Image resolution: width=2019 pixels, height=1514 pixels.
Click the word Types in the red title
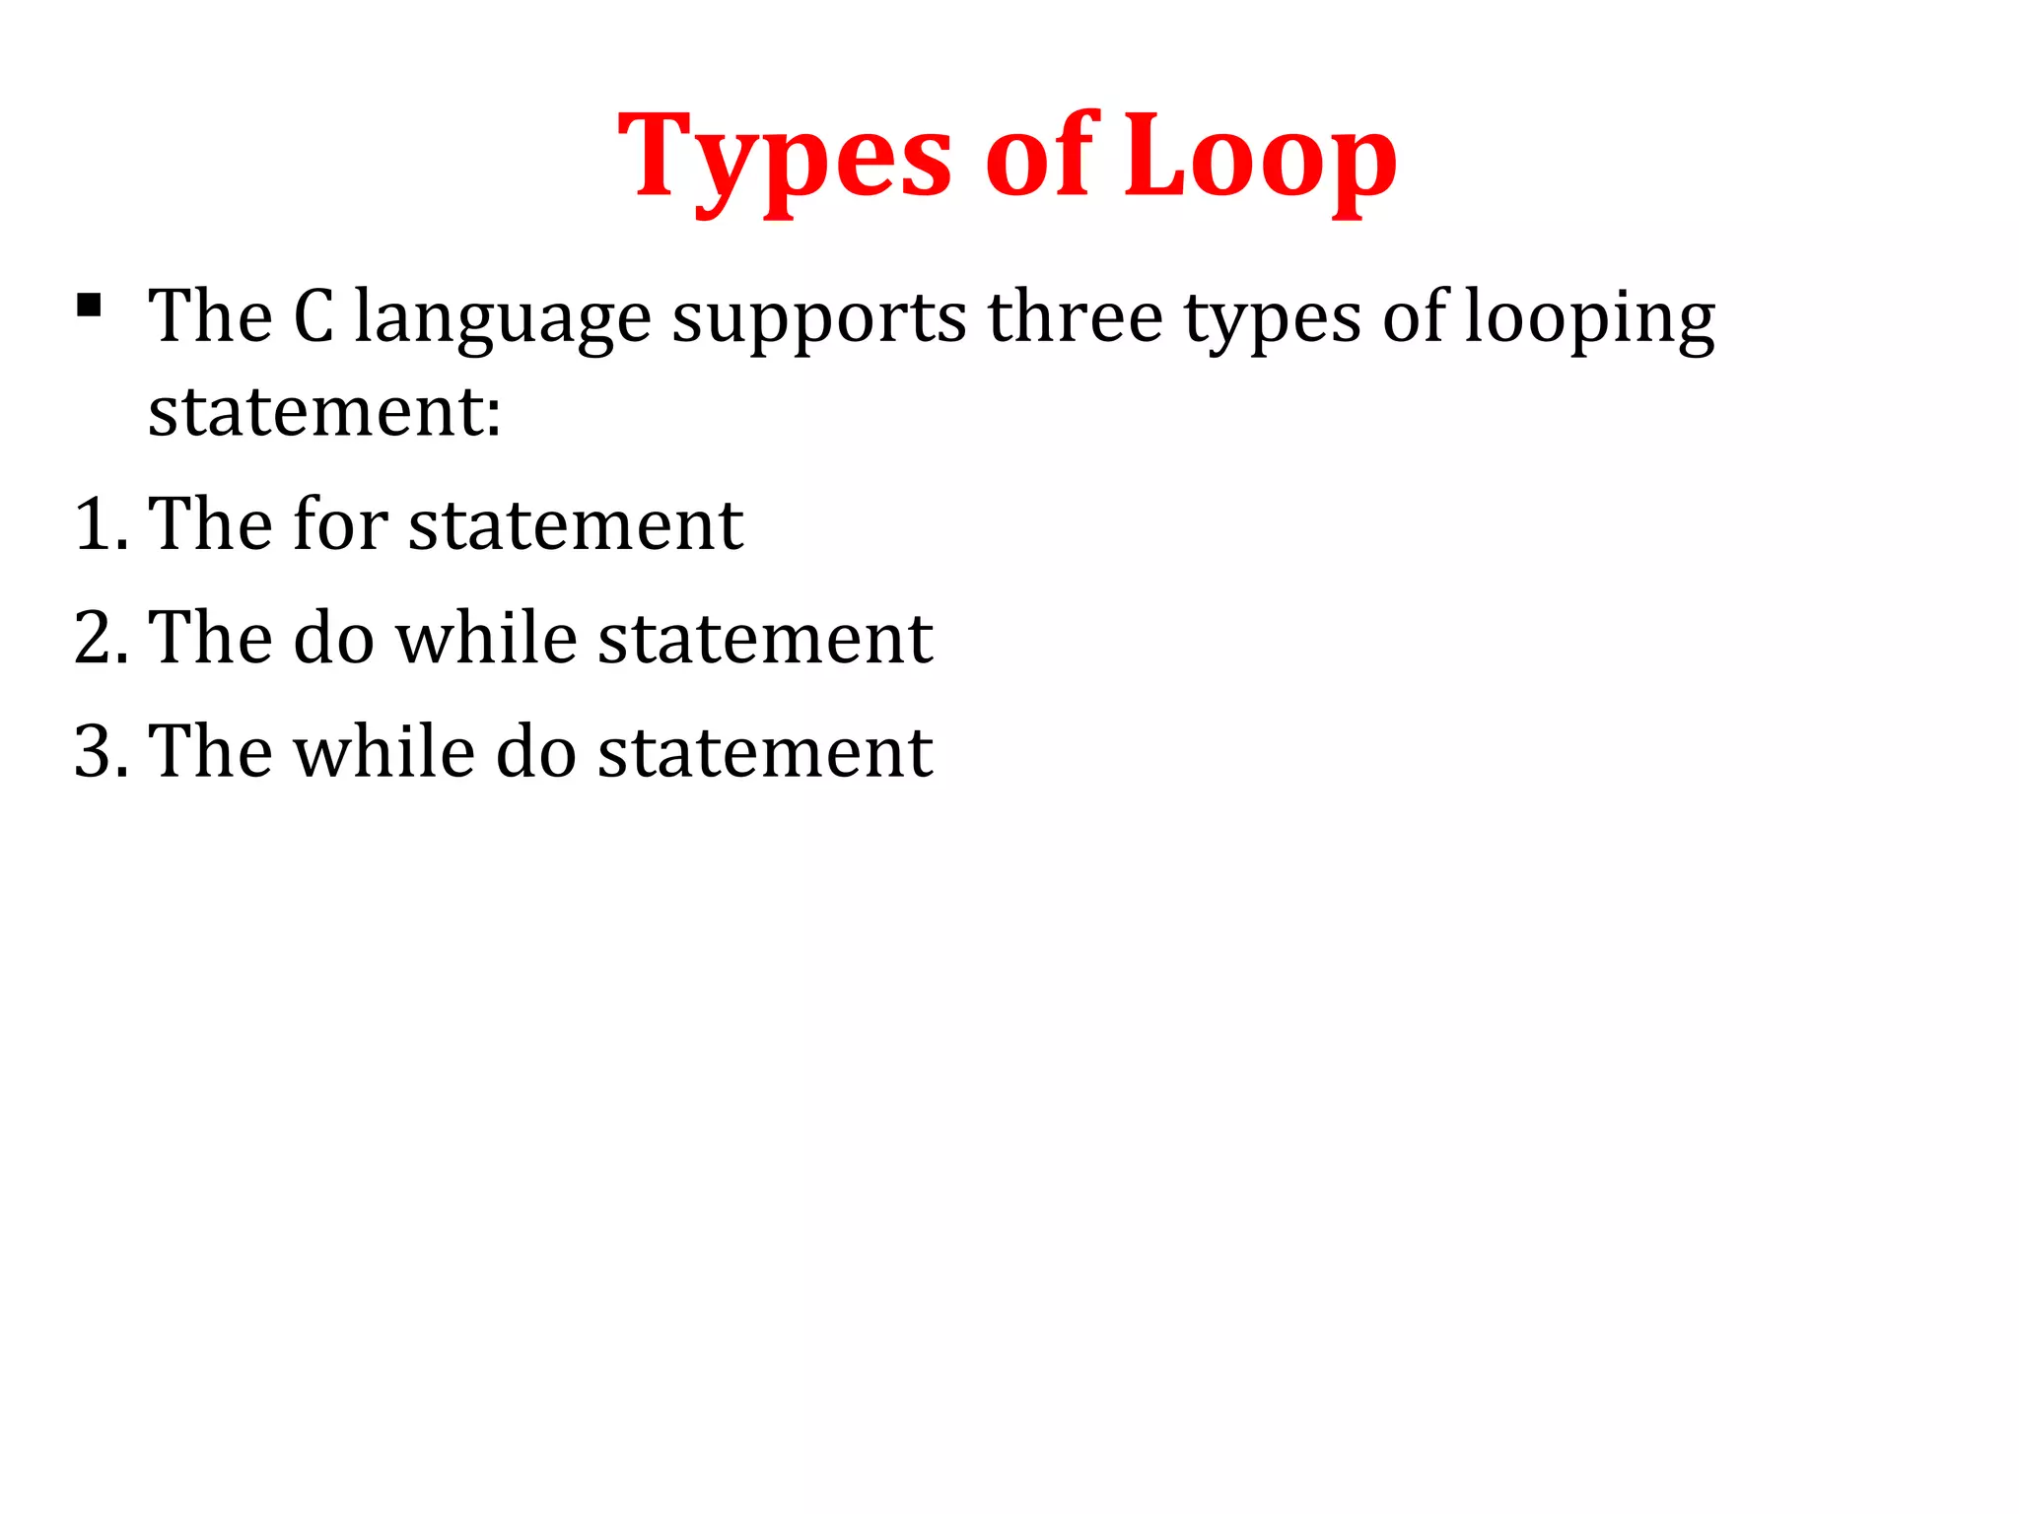[785, 158]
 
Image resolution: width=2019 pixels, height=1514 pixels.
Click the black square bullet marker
[89, 306]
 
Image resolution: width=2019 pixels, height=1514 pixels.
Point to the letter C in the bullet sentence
[313, 317]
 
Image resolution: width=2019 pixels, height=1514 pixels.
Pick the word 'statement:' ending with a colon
[324, 411]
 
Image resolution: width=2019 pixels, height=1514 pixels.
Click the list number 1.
[96, 524]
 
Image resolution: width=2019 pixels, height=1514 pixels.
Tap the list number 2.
[96, 639]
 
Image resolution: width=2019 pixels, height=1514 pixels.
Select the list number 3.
[96, 752]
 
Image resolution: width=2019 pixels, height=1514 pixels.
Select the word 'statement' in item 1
[576, 525]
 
